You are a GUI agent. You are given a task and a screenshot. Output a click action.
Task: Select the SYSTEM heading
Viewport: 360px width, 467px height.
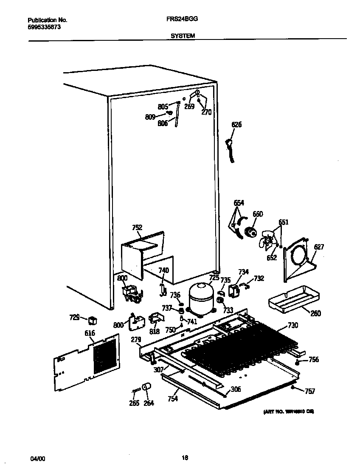(x=183, y=36)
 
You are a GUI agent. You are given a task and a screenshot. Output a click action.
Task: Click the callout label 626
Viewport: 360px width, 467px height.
(x=236, y=125)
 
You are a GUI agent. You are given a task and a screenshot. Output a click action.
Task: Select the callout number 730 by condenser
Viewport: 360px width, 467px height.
(x=293, y=326)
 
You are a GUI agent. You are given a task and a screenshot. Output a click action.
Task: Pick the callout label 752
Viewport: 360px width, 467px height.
(x=137, y=228)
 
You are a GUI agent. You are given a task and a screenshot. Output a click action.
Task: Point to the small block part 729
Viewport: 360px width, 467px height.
(x=92, y=318)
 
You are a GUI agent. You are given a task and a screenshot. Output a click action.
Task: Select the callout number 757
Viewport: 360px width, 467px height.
(x=310, y=391)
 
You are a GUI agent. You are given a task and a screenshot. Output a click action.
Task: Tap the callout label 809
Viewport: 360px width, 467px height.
(x=150, y=117)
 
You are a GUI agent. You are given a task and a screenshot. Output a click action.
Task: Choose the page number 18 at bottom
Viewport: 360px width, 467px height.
(x=185, y=457)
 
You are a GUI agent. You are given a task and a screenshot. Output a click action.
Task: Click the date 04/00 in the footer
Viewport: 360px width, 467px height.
(x=37, y=459)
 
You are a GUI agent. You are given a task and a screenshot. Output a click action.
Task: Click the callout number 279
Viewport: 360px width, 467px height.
(x=136, y=339)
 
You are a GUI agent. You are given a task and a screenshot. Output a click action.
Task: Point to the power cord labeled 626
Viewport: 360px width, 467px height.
(x=231, y=149)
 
